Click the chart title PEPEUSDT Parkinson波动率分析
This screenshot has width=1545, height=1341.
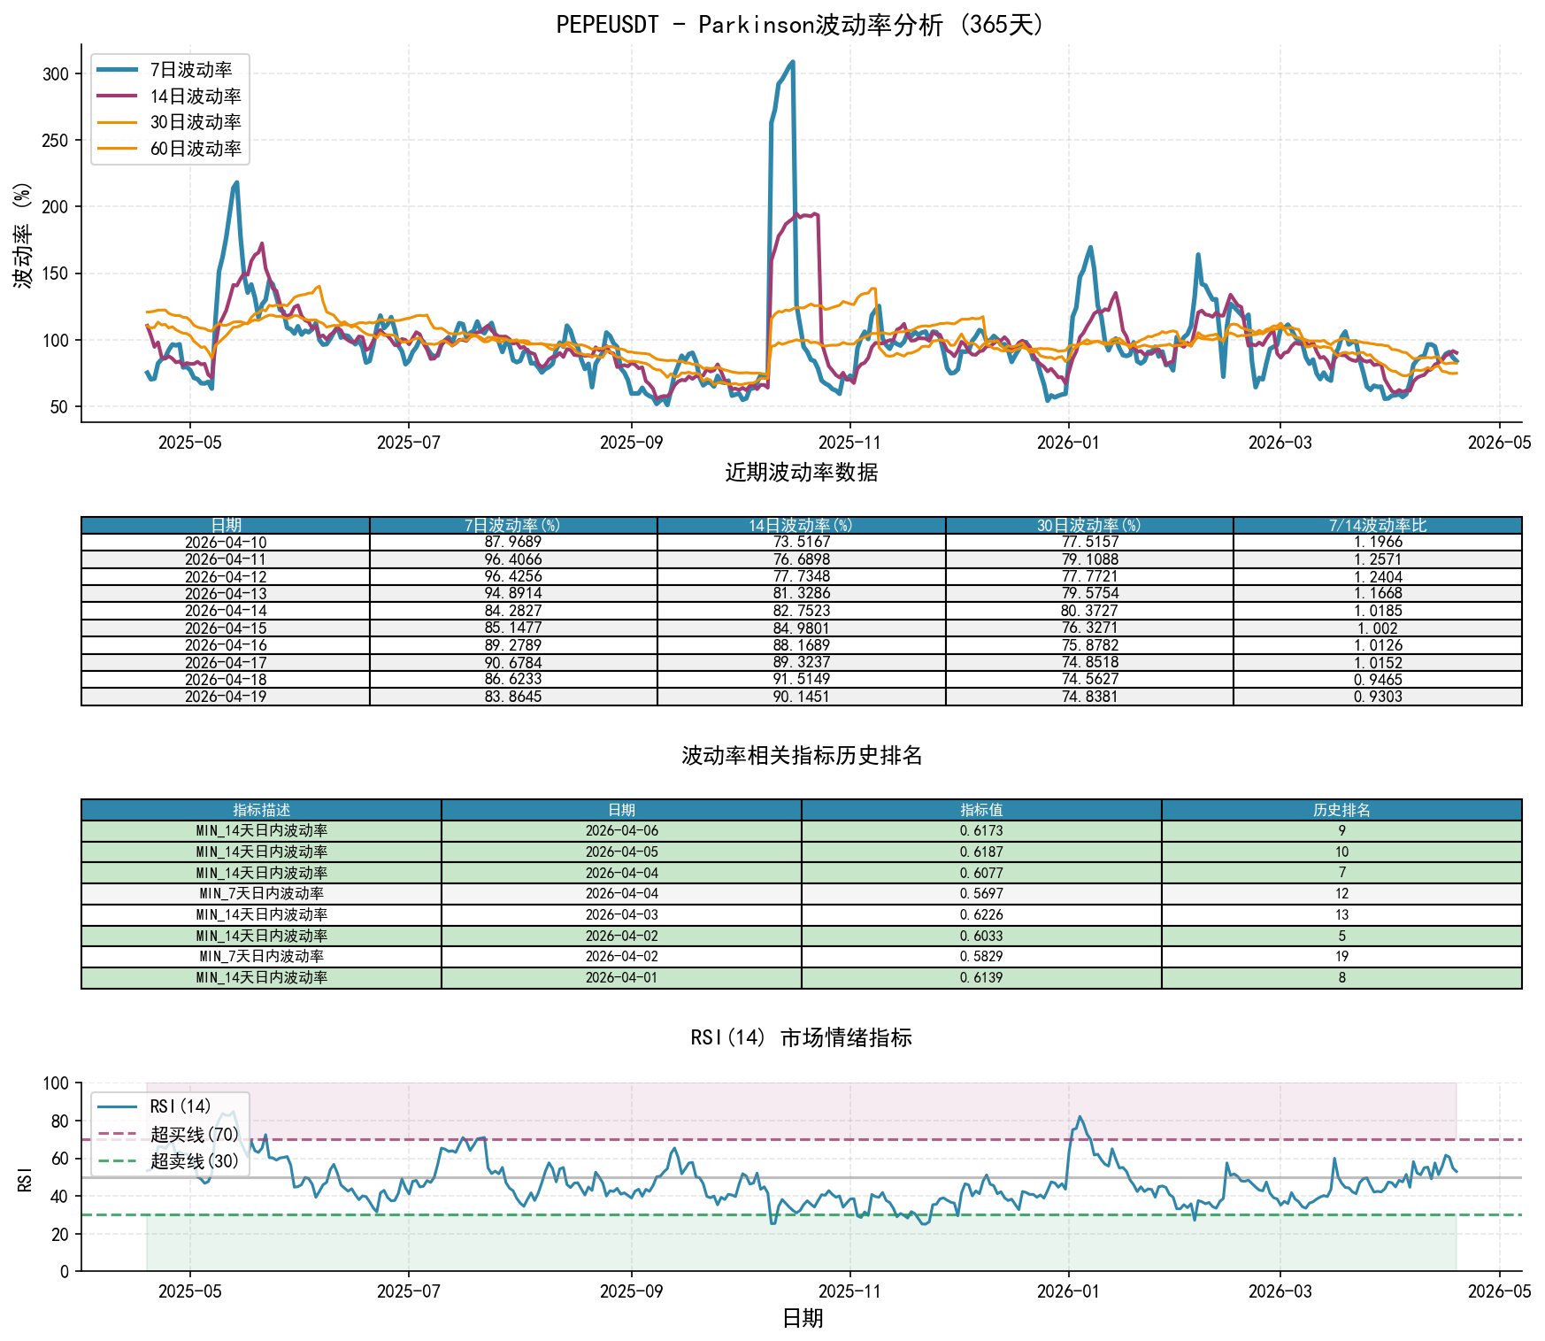801,24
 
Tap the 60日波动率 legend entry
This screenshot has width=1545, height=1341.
168,149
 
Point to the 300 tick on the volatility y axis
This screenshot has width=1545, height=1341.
56,73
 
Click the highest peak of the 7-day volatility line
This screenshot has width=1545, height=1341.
792,62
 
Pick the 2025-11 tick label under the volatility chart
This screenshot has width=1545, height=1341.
849,443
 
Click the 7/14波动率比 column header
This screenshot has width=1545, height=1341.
1378,526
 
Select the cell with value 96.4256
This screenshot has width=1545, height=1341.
513,576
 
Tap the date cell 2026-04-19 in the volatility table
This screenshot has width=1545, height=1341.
226,697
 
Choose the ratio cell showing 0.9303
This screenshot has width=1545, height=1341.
1378,697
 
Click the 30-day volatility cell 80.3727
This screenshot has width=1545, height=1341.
1089,611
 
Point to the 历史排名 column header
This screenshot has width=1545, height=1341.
1341,810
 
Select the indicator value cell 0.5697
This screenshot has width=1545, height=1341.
981,894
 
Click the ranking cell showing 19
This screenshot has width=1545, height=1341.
1341,957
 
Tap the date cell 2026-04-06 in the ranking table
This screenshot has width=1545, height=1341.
621,831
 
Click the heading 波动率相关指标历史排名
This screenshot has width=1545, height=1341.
802,755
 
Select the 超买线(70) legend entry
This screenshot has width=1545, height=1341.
168,1134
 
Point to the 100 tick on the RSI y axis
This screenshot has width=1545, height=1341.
56,1083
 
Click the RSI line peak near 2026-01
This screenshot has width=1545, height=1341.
1080,1117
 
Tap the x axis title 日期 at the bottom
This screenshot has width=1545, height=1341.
803,1319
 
